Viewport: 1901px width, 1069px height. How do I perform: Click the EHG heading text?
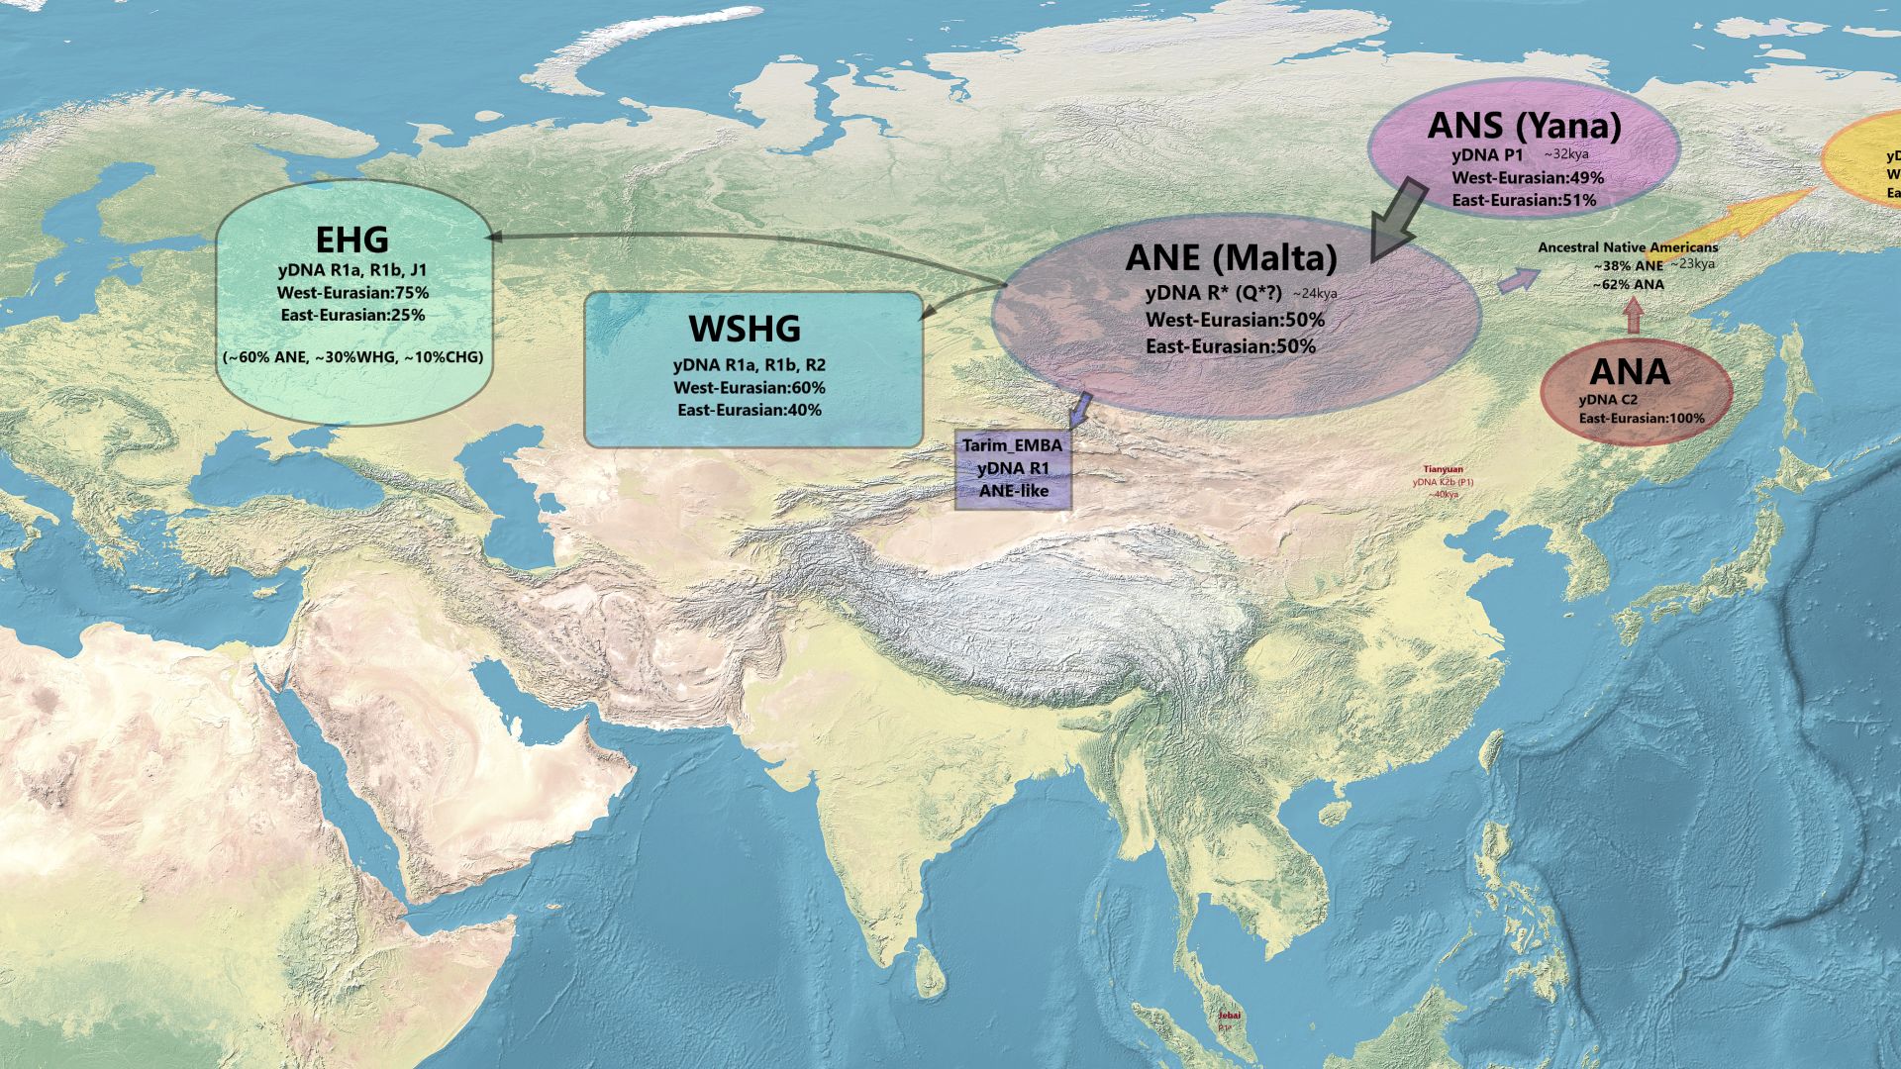351,240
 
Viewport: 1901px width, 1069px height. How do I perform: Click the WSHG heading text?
745,328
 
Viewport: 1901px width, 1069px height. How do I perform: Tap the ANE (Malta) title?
1231,258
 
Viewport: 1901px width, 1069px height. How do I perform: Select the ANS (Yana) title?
1525,126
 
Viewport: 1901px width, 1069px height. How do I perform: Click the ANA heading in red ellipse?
1630,372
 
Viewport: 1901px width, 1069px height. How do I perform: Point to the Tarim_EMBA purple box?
1012,469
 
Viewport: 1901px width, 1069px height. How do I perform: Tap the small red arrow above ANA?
1634,317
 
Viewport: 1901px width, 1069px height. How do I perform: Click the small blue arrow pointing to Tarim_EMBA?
1080,408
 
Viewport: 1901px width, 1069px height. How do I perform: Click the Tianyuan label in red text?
1443,470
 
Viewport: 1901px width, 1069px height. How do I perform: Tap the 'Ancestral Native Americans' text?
1628,247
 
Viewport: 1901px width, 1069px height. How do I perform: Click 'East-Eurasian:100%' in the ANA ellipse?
1642,419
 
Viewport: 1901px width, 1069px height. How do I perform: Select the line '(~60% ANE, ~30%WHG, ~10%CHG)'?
353,356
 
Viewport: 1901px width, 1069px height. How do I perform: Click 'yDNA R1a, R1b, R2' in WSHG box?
749,365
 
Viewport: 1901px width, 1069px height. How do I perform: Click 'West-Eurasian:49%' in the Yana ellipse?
1528,178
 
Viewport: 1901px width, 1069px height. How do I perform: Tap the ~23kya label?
1692,264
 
